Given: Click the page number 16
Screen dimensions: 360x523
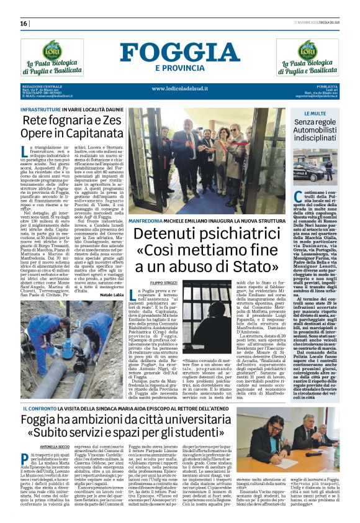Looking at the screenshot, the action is pyautogui.click(x=24, y=23).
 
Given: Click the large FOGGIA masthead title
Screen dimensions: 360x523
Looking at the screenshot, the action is pyautogui.click(x=180, y=52).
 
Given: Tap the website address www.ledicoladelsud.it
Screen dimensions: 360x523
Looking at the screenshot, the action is pyautogui.click(x=180, y=88).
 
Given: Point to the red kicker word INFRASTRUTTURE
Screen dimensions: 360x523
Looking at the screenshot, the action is pyautogui.click(x=43, y=109).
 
